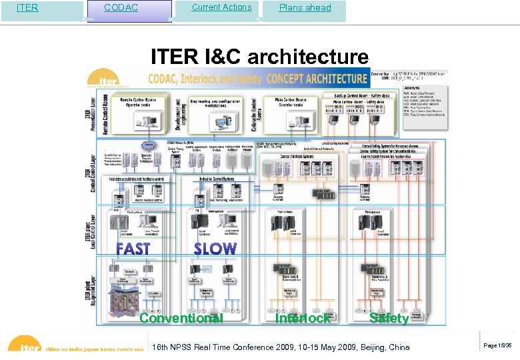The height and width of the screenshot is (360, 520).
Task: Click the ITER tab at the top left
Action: (28, 9)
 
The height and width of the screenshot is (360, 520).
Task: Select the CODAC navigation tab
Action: (122, 9)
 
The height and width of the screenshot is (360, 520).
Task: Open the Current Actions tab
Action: (221, 8)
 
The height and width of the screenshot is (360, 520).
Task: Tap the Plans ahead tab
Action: (305, 9)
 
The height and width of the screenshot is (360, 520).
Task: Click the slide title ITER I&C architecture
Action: (259, 56)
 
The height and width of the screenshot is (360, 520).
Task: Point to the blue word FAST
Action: (133, 249)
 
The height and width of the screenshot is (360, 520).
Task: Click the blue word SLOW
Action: (215, 249)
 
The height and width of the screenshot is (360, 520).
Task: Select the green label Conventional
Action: (181, 318)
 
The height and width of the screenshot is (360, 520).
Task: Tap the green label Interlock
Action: (302, 318)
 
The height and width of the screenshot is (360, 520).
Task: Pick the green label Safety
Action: (389, 318)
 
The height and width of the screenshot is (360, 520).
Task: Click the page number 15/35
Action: (497, 345)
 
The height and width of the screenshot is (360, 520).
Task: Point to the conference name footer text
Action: (281, 347)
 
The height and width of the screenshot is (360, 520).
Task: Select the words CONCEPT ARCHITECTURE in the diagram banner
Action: (317, 79)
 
